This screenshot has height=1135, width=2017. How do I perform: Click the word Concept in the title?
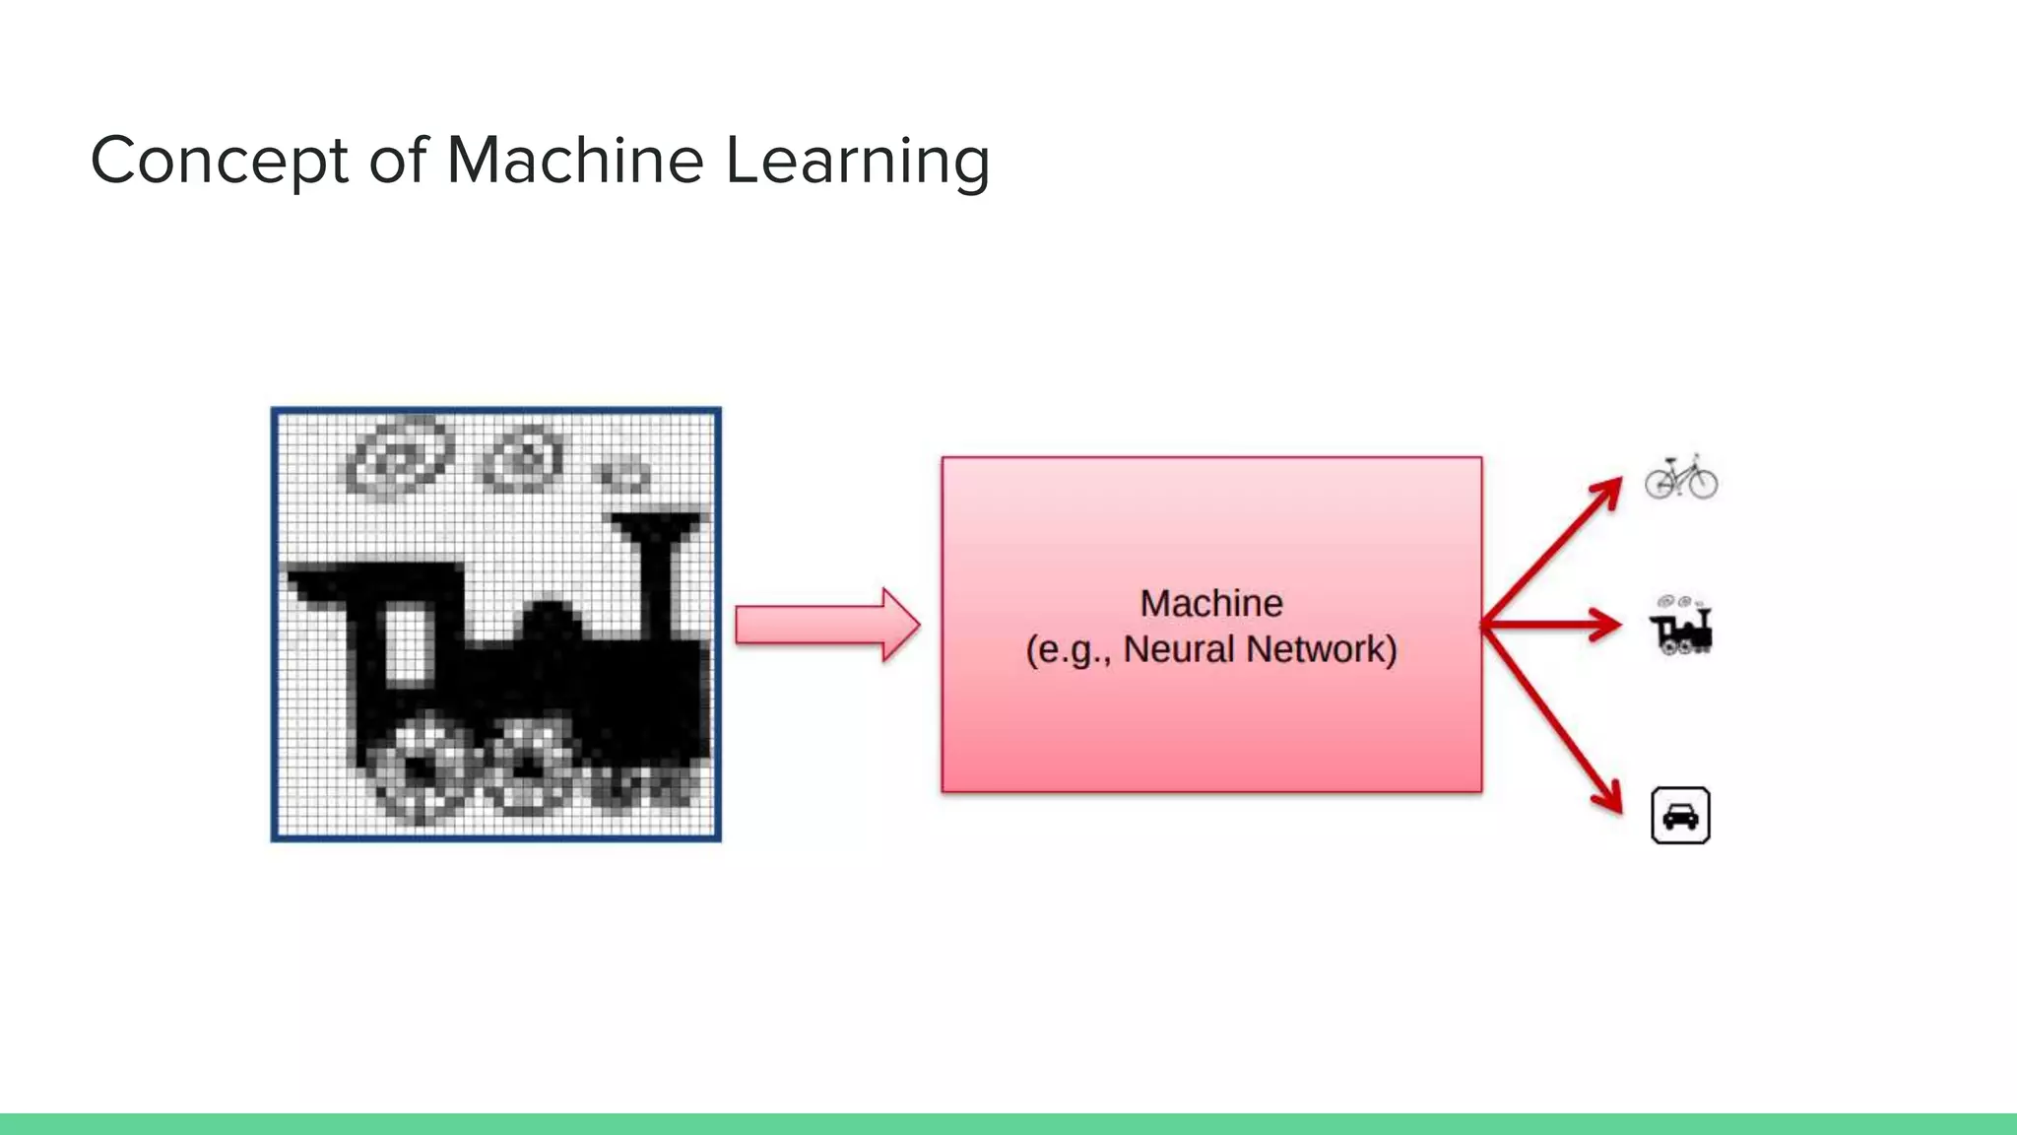coord(219,161)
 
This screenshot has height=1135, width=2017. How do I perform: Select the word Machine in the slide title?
coord(575,161)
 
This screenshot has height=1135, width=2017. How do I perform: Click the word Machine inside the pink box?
coord(1210,603)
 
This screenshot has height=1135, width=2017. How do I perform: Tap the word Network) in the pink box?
coord(1322,649)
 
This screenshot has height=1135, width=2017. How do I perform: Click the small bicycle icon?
coord(1680,477)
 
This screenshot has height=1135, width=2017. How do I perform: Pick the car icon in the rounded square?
coord(1680,816)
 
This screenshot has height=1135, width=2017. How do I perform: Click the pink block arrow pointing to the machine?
coord(826,625)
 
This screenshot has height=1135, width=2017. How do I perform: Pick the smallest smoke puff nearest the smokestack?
coord(624,476)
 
